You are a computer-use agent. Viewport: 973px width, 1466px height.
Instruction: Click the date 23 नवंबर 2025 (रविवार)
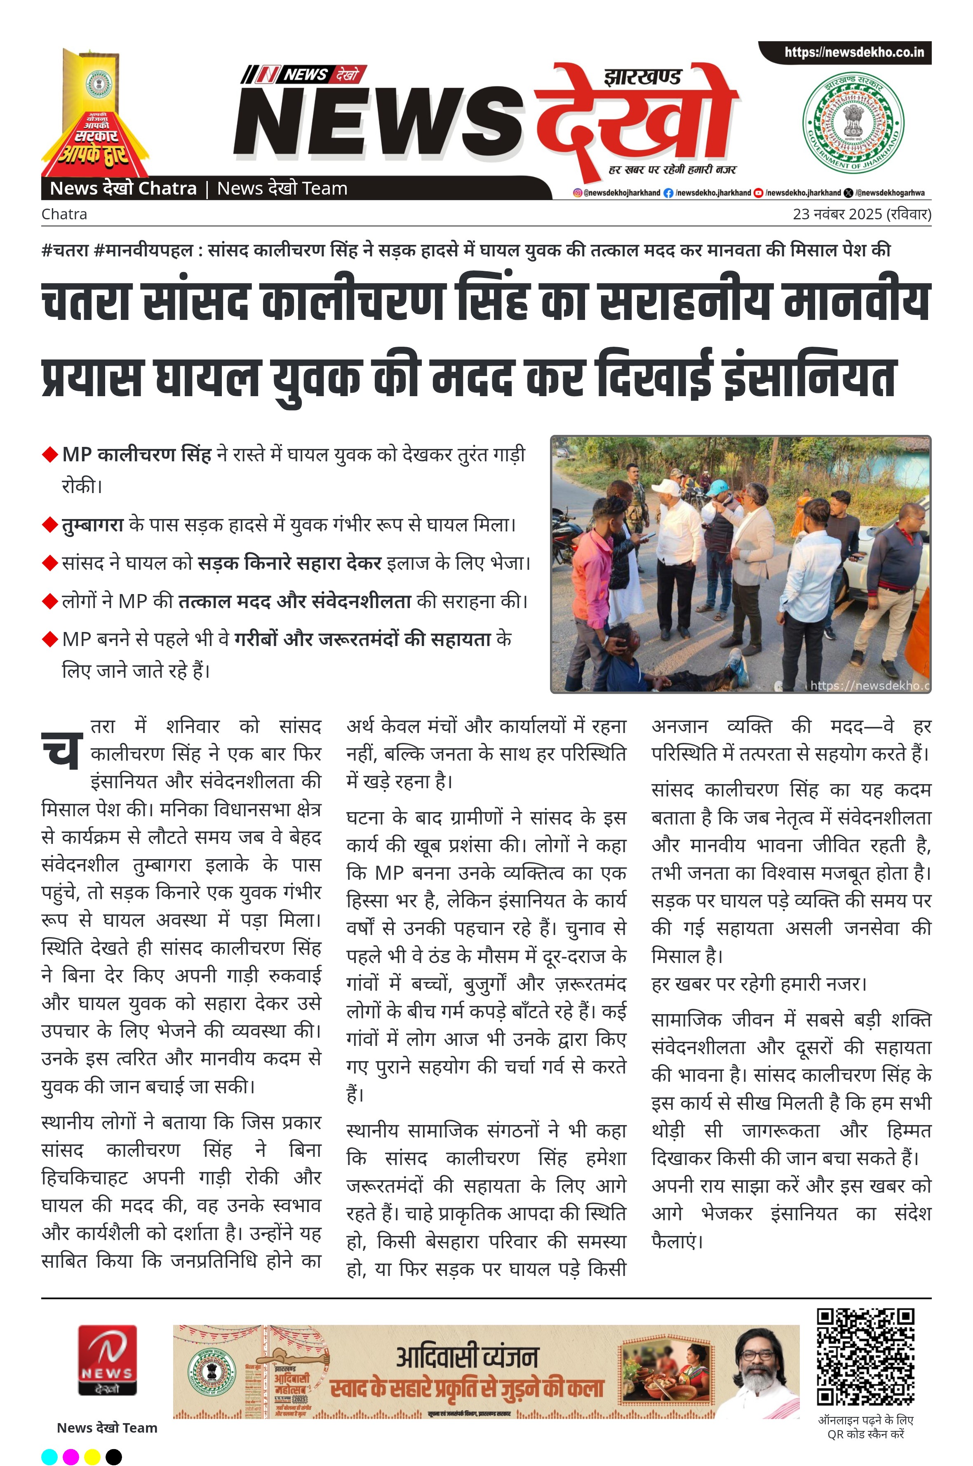pos(861,214)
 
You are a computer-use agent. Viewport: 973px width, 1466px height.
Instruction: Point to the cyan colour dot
pos(49,1456)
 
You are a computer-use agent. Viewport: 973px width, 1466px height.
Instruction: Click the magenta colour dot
pos(71,1456)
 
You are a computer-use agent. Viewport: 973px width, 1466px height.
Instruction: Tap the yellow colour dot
pos(92,1456)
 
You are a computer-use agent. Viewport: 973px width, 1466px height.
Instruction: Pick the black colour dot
pos(113,1456)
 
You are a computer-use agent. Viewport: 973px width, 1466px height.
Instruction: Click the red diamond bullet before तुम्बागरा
pos(49,525)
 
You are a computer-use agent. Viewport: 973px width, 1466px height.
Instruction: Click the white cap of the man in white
pos(666,486)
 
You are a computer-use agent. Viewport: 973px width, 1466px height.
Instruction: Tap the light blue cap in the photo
pos(718,486)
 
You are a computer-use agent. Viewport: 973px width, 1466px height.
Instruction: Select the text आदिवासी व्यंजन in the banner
pos(467,1357)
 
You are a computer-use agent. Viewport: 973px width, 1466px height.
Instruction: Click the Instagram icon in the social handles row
pos(577,193)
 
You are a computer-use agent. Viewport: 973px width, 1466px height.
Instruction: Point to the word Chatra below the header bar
pos(64,214)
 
